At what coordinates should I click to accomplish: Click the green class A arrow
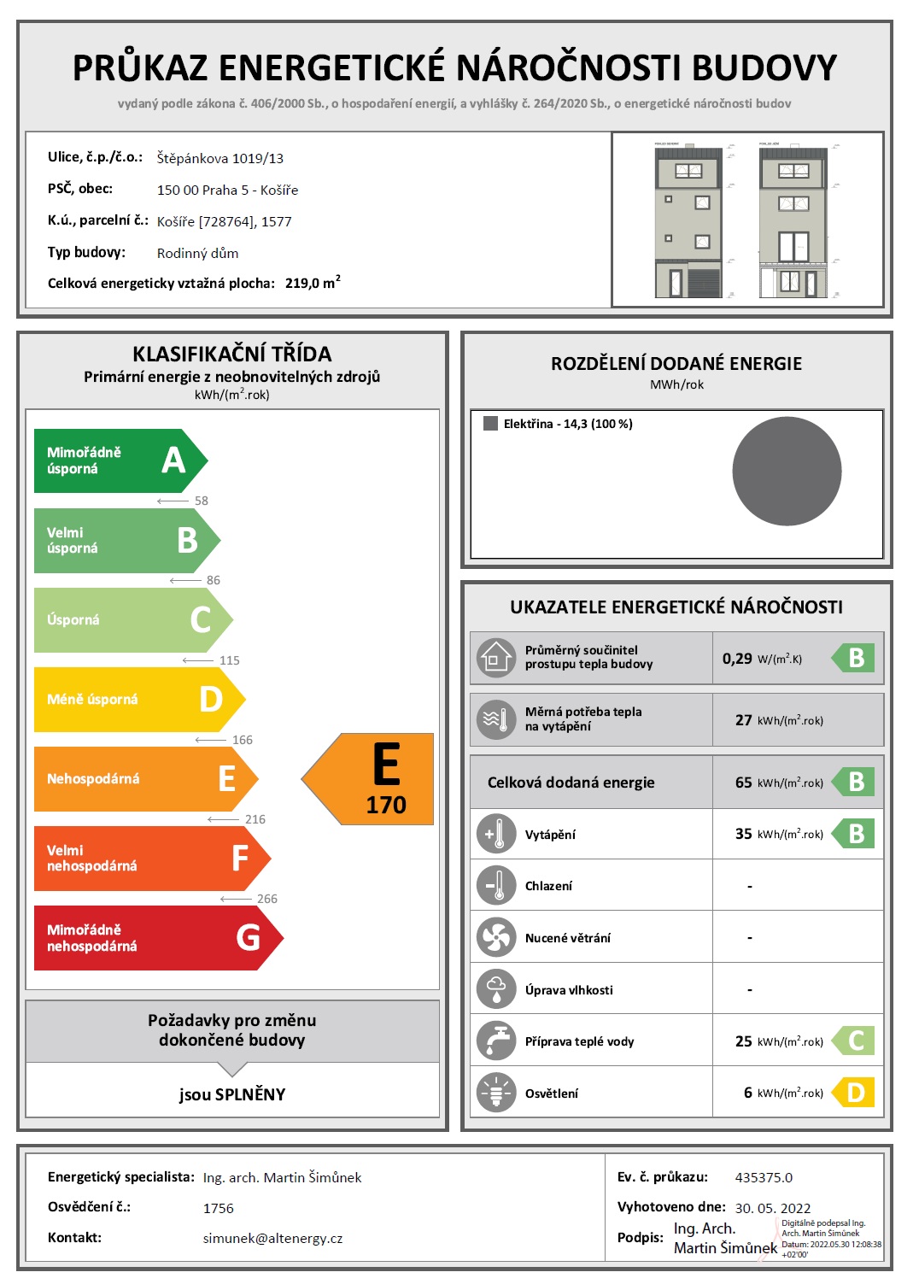click(120, 460)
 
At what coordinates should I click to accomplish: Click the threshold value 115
click(229, 660)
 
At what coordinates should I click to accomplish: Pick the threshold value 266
click(266, 899)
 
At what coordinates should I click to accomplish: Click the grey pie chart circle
click(787, 471)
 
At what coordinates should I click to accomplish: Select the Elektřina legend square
click(490, 424)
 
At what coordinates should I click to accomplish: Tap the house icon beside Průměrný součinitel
click(496, 658)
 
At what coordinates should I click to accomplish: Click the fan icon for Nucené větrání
click(496, 937)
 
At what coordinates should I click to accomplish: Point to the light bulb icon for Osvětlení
click(496, 1093)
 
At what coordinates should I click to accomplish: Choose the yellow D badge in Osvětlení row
click(854, 1093)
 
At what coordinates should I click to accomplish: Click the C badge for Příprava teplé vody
click(854, 1041)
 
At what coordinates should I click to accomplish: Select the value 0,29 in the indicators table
click(737, 659)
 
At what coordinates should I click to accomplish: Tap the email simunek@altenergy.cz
click(272, 1238)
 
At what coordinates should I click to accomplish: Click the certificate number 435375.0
click(764, 1177)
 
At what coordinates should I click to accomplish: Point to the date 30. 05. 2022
click(772, 1208)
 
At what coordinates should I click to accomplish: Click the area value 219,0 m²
click(313, 283)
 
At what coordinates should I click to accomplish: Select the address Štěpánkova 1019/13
click(219, 158)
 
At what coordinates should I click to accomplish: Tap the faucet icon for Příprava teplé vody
click(496, 1041)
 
